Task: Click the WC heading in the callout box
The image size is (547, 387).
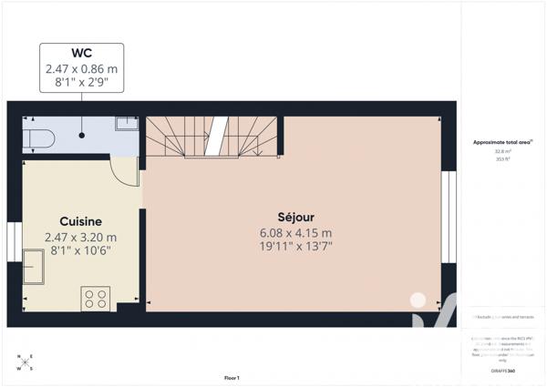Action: coord(81,53)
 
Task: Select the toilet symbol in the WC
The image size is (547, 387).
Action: coord(39,138)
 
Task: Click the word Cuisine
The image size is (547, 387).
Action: coord(80,221)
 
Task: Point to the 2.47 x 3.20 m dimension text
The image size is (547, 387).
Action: coord(80,238)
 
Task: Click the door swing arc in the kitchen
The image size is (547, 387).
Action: coord(124,170)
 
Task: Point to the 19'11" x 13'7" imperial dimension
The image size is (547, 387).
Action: coord(295,246)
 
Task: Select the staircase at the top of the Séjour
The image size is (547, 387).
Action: coord(212,137)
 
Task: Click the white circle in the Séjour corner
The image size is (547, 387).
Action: coord(418,298)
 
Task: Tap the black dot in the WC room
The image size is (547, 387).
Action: coord(82,135)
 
